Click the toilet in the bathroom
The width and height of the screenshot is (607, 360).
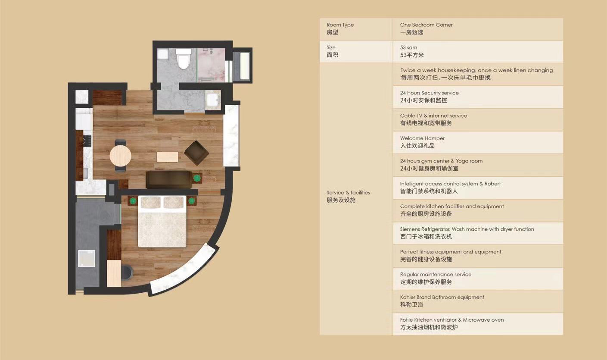[x=184, y=59]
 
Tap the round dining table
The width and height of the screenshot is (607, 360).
[x=120, y=156]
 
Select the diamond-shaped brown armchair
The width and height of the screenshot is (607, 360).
[x=196, y=153]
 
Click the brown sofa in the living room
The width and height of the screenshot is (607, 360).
[x=168, y=179]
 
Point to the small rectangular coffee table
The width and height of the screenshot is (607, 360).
[x=167, y=157]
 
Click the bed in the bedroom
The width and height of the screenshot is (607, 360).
[x=162, y=221]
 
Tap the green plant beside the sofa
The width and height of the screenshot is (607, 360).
[x=197, y=178]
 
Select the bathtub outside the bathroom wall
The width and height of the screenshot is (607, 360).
[x=244, y=66]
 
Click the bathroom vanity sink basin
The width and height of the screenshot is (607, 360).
[x=213, y=100]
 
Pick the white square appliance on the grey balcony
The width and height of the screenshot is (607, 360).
[x=87, y=259]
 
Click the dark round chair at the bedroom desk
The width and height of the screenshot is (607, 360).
[x=128, y=272]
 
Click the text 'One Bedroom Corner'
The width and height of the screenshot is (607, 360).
[x=426, y=25]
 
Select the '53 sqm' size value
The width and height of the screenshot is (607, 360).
[x=409, y=47]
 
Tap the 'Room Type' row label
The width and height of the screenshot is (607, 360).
[x=340, y=25]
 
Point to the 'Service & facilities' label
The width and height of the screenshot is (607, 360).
[x=348, y=193]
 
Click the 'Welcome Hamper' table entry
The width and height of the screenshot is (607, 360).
[x=422, y=138]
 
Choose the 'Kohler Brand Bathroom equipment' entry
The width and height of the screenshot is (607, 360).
[x=442, y=297]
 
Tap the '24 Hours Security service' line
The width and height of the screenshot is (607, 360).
[x=430, y=93]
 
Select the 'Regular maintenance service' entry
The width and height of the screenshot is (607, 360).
[x=436, y=274]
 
